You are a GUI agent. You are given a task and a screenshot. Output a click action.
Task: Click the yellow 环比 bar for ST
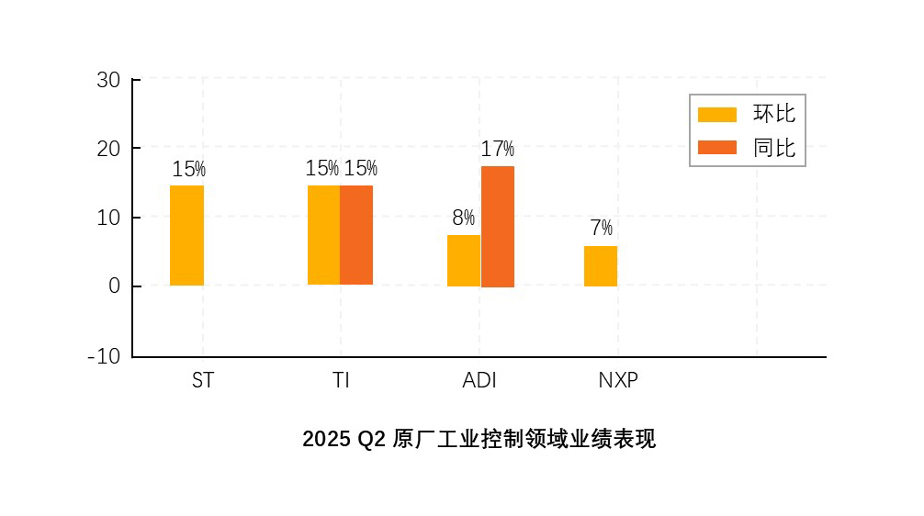(186, 235)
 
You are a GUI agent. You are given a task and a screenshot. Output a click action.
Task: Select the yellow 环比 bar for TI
(323, 235)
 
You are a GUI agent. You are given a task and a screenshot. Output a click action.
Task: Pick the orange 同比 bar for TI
(356, 235)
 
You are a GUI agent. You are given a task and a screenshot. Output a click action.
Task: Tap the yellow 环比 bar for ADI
(464, 261)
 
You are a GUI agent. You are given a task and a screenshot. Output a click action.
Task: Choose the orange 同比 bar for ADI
(498, 227)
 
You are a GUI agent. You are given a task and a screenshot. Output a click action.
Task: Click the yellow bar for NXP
(601, 266)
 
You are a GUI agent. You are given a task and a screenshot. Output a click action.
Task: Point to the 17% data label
(498, 149)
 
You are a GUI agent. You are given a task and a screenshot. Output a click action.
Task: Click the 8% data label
(463, 219)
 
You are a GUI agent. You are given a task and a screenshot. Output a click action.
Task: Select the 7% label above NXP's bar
(601, 229)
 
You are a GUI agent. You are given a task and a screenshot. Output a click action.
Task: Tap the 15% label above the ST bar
(188, 169)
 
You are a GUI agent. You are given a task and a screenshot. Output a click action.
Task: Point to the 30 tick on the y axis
(108, 80)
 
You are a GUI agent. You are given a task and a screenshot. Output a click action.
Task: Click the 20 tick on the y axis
(108, 149)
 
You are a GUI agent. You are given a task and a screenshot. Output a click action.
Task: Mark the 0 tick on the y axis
(115, 286)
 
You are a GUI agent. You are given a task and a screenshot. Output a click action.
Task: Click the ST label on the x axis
(203, 380)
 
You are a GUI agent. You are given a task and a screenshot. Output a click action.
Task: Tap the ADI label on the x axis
(479, 380)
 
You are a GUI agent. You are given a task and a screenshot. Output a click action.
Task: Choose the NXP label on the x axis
(618, 380)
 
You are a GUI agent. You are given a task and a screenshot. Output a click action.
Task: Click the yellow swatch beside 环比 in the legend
(717, 114)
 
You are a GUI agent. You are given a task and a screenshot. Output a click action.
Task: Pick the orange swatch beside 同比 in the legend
(717, 147)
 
